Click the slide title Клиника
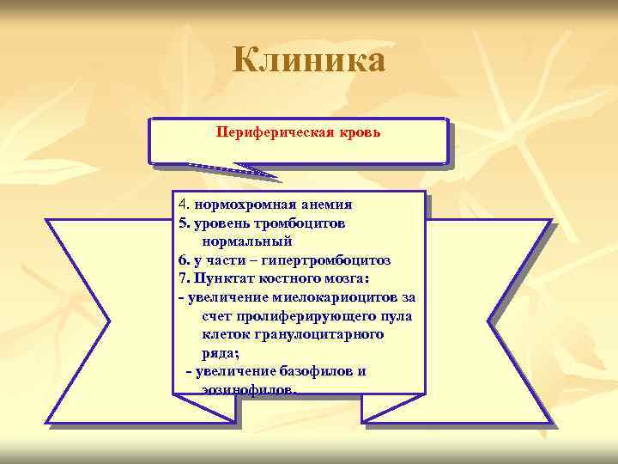tap(309, 60)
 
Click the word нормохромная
tap(246, 205)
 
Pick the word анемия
tap(326, 205)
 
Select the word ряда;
tap(221, 353)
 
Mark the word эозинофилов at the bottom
tap(249, 390)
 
